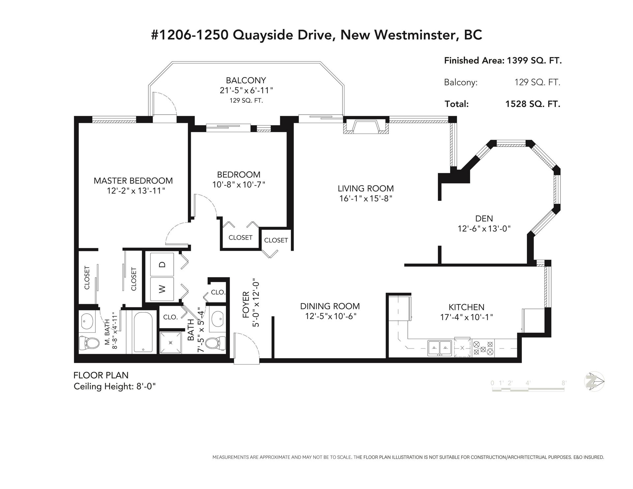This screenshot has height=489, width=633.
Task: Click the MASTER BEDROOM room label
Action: point(133,181)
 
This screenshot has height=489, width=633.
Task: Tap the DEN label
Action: point(484,218)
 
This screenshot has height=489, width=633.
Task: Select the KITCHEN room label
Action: point(467,307)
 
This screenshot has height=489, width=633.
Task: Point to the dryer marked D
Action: point(162,264)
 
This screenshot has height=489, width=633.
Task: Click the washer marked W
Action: point(162,289)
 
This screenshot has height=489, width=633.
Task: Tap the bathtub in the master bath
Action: point(143,332)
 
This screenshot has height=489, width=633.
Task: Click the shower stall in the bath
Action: point(170,342)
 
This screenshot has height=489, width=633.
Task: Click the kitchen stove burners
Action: point(483,348)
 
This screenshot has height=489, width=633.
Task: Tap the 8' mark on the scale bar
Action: point(564,383)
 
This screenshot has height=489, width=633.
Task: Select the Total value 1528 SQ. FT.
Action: point(533,104)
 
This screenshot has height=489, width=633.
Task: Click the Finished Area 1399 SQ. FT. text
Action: point(503,61)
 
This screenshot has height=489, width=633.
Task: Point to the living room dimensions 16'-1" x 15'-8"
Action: point(366,199)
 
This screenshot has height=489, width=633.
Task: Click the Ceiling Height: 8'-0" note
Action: point(114,386)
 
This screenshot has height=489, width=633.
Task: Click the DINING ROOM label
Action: point(330,306)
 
